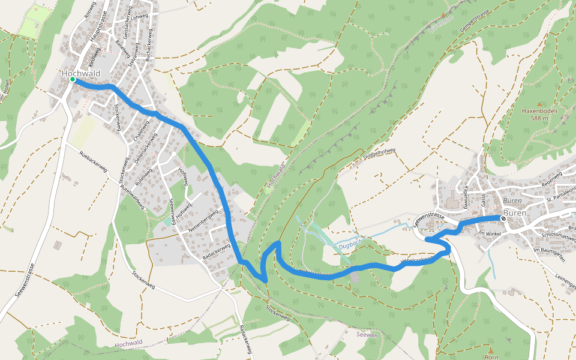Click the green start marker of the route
(x=72, y=79)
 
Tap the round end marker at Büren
(x=503, y=218)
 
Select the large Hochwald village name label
(x=80, y=73)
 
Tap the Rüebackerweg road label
(x=93, y=161)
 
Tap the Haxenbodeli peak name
(x=539, y=111)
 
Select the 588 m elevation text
(x=539, y=118)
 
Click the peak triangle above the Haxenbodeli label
(x=539, y=104)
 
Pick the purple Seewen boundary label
(x=367, y=335)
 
